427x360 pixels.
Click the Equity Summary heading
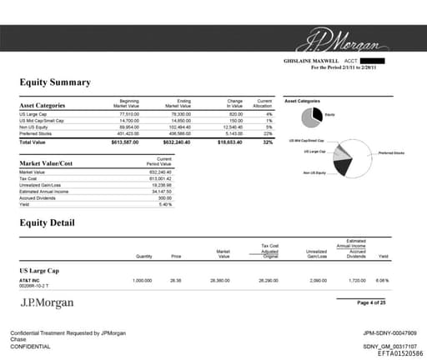click(x=55, y=82)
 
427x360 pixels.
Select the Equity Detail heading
click(x=48, y=222)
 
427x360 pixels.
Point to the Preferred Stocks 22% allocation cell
click(x=268, y=132)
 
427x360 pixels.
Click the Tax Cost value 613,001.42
click(x=159, y=178)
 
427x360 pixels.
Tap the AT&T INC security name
click(x=29, y=281)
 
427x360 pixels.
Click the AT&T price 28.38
click(x=176, y=281)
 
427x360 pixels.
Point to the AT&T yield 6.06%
click(x=381, y=281)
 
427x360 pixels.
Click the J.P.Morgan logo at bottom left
click(x=47, y=302)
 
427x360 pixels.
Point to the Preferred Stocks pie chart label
click(x=390, y=152)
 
